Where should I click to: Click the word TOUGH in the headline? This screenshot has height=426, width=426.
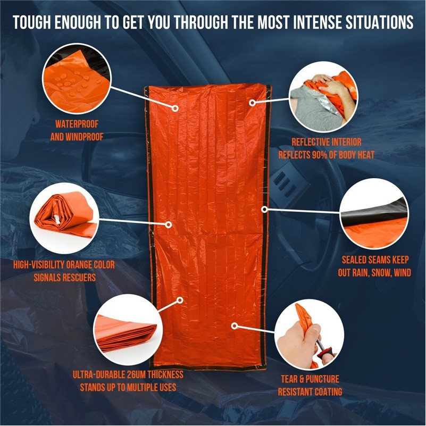[31, 22]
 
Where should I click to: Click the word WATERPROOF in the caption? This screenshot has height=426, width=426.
[77, 124]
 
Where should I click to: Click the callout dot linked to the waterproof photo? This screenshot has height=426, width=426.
[176, 108]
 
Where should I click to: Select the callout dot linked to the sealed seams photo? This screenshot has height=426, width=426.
[265, 209]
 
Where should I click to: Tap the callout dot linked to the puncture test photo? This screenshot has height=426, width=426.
[235, 325]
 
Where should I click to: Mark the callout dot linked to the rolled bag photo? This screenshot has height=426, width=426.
[169, 224]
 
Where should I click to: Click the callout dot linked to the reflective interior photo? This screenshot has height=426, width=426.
[253, 103]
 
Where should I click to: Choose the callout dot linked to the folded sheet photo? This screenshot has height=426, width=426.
[180, 300]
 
